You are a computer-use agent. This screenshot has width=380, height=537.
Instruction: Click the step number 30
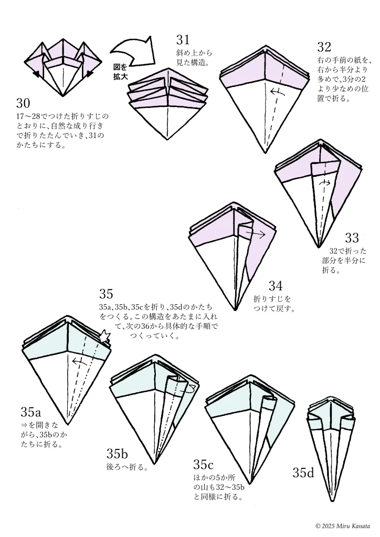click(x=23, y=103)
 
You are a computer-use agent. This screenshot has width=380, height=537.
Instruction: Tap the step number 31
click(x=183, y=40)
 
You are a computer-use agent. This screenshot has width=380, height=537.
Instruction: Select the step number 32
click(x=324, y=48)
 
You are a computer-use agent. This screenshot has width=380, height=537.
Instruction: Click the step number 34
click(x=276, y=286)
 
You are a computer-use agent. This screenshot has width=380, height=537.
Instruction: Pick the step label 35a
click(x=31, y=411)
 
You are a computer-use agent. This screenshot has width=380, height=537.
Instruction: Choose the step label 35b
click(x=118, y=454)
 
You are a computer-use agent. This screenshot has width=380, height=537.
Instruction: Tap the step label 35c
click(x=204, y=465)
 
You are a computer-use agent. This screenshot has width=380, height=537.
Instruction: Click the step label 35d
click(x=303, y=473)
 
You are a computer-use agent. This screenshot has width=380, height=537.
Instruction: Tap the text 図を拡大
click(x=120, y=72)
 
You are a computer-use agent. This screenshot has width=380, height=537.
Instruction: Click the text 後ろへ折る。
click(x=128, y=467)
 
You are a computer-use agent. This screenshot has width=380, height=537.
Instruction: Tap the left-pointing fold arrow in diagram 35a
click(x=79, y=361)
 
